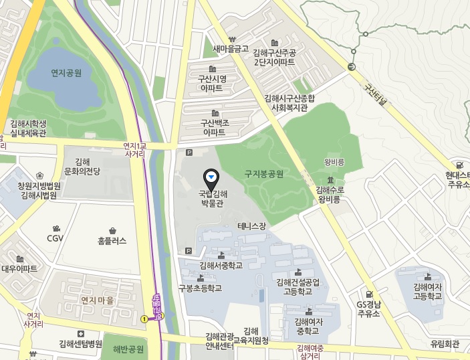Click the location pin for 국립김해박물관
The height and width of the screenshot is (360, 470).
pyautogui.click(x=211, y=177)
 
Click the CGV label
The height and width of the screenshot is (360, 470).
pyautogui.click(x=55, y=238)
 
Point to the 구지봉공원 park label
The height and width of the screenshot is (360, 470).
pyautogui.click(x=264, y=174)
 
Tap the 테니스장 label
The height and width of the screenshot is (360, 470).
pyautogui.click(x=251, y=226)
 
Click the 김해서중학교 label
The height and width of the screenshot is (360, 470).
pyautogui.click(x=221, y=265)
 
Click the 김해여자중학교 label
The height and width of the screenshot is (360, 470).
pyautogui.click(x=309, y=326)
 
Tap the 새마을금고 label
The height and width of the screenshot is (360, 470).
pyautogui.click(x=231, y=49)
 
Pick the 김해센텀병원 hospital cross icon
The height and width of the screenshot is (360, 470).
pyautogui.click(x=81, y=333)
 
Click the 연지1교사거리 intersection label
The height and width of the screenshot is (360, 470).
pyautogui.click(x=139, y=149)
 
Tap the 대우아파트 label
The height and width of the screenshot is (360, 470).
pyautogui.click(x=19, y=268)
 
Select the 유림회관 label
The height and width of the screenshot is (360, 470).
pyautogui.click(x=445, y=344)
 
